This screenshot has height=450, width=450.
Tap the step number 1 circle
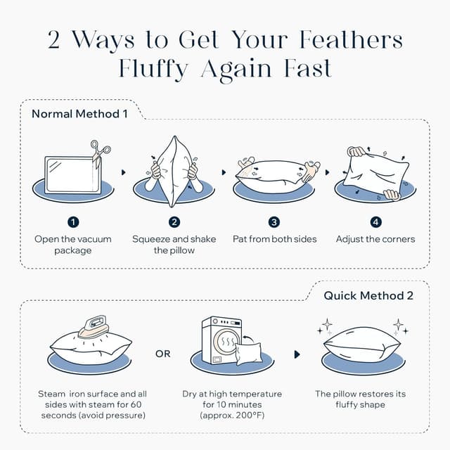coord(73,222)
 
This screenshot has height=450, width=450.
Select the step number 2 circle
coord(174,222)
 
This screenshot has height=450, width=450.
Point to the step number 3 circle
coord(274,222)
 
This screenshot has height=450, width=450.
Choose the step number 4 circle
coord(375,222)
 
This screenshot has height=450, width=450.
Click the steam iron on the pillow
coord(93,326)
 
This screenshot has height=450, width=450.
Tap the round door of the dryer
coord(226,341)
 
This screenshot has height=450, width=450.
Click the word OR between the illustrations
coord(162,354)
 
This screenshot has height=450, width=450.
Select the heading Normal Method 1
coord(79,114)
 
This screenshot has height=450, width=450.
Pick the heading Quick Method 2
coord(368,295)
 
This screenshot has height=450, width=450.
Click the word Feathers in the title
coord(351,39)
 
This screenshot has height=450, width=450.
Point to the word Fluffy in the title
coord(153,69)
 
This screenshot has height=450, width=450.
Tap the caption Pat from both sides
coord(275,239)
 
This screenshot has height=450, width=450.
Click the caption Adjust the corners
coord(375,239)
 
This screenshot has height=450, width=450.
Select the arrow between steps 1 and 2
coord(124,172)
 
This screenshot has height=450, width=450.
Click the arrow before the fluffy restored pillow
coord(297,354)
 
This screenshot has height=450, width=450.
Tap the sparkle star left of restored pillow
coord(327,325)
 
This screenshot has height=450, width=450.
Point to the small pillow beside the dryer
coord(248,354)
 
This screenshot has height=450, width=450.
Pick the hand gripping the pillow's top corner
coord(355,151)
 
